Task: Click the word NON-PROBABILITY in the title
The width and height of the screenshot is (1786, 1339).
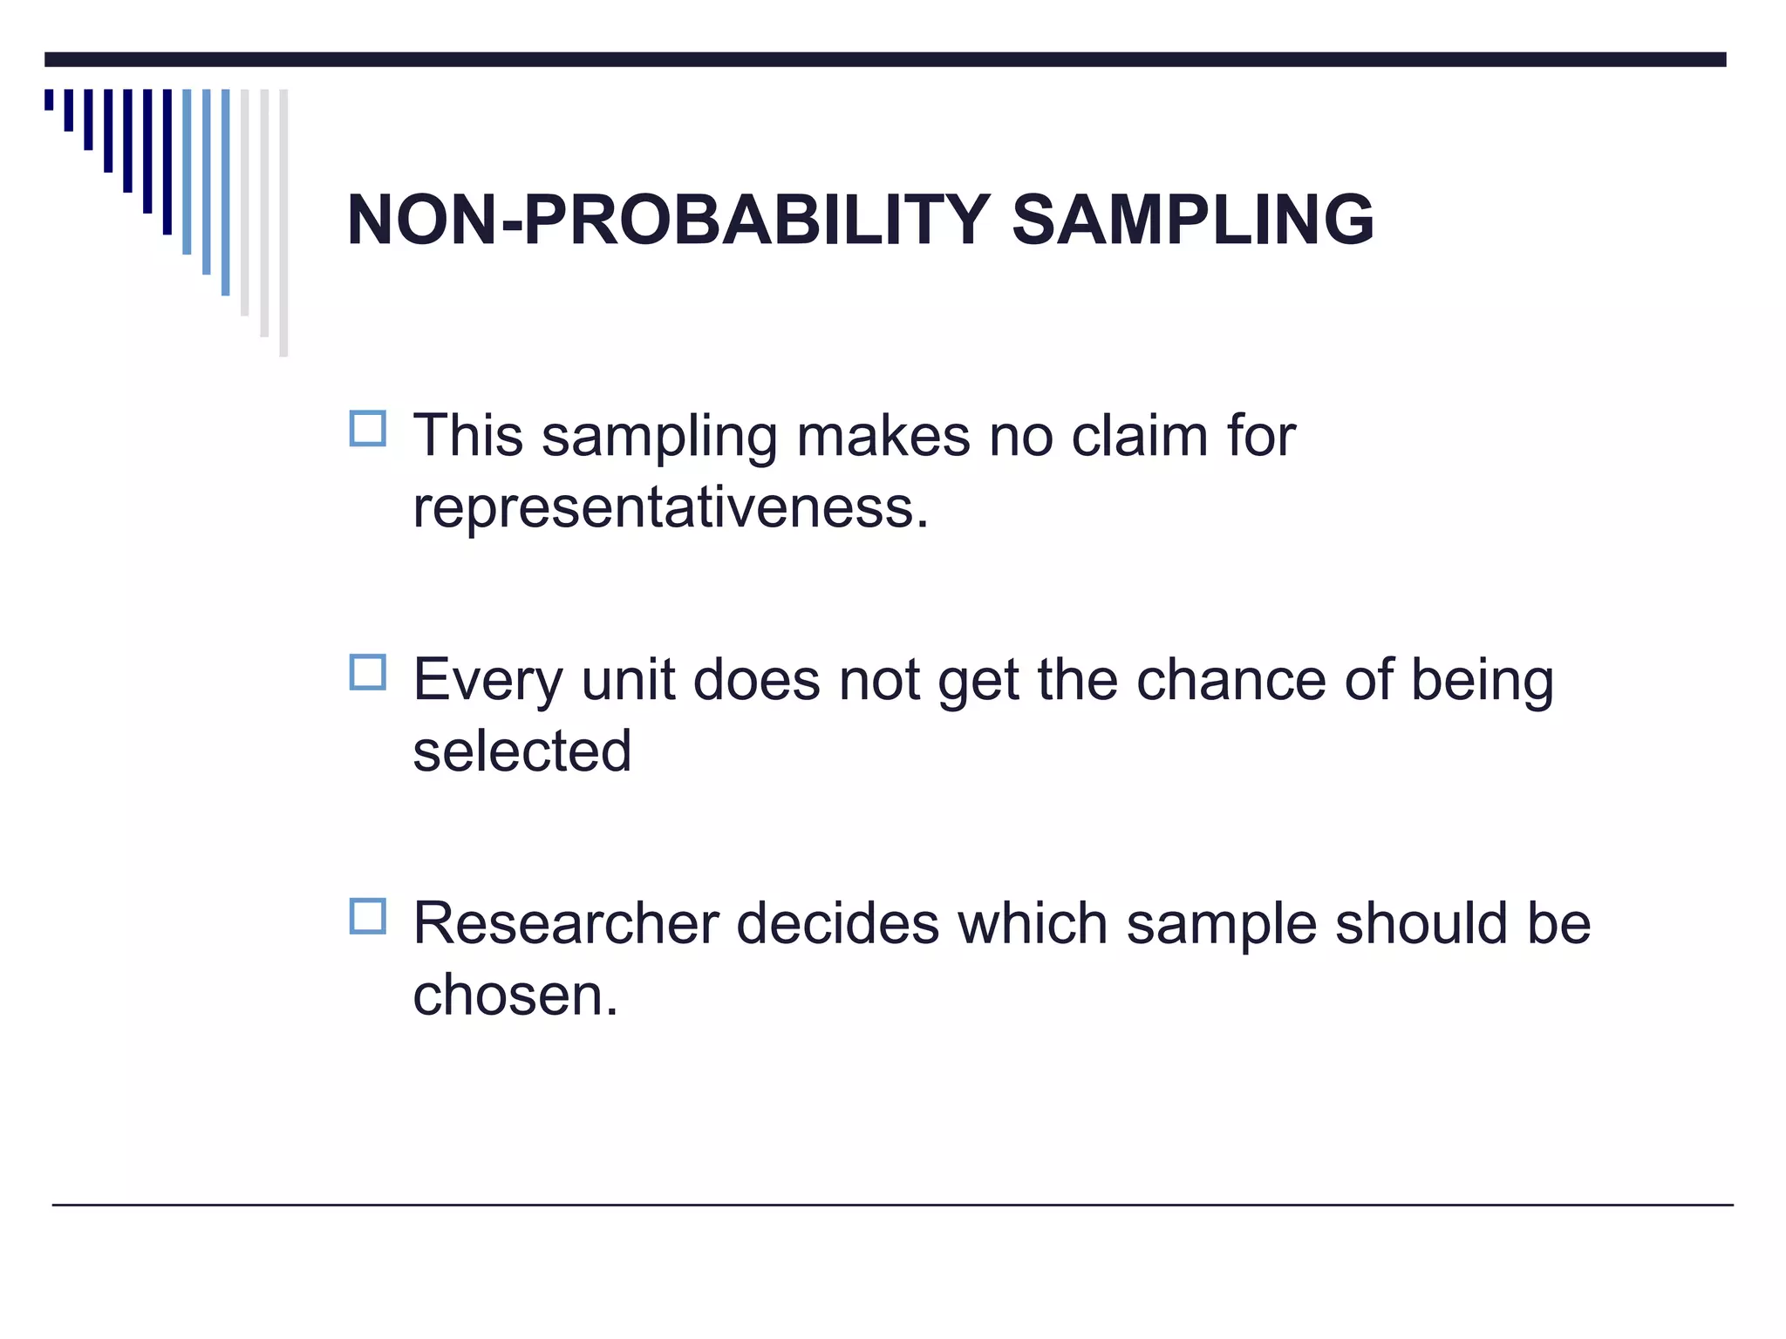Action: [668, 220]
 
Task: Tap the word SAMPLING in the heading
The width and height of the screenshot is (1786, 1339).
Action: [1192, 220]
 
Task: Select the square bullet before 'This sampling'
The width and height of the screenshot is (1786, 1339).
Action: [367, 429]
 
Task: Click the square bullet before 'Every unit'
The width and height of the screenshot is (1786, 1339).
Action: [367, 672]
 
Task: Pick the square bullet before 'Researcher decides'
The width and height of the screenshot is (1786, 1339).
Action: [367, 916]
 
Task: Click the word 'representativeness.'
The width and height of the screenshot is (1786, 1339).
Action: [671, 507]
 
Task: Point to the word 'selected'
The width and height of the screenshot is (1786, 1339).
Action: [521, 751]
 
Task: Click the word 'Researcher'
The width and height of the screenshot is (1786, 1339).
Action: [565, 923]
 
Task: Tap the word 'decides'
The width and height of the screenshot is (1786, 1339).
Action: [837, 923]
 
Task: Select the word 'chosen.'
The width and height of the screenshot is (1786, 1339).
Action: [515, 995]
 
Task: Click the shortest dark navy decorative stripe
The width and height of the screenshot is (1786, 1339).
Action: [49, 99]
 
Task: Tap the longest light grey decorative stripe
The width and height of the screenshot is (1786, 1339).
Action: [283, 222]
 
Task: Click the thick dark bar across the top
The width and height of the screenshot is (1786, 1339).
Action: [885, 59]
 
